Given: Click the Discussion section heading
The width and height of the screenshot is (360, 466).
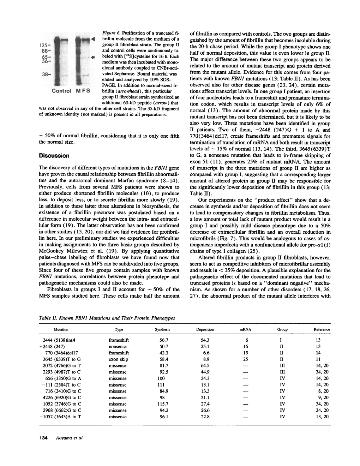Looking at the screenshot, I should tap(54, 156).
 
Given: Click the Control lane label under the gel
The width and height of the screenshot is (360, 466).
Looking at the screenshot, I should tap(61, 91).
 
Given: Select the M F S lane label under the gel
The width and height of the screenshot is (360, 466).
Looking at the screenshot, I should tap(83, 91).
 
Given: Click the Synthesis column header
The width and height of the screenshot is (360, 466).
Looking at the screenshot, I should tap(162, 329).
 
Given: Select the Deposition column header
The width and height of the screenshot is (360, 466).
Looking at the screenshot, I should tap(205, 329).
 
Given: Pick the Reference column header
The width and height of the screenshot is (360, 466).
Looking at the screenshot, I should tap(322, 329).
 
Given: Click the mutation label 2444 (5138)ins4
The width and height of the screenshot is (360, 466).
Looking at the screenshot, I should tap(59, 340).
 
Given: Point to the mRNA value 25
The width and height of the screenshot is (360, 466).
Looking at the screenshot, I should tap(246, 359).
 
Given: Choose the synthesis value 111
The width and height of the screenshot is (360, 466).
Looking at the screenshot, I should tap(161, 385).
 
